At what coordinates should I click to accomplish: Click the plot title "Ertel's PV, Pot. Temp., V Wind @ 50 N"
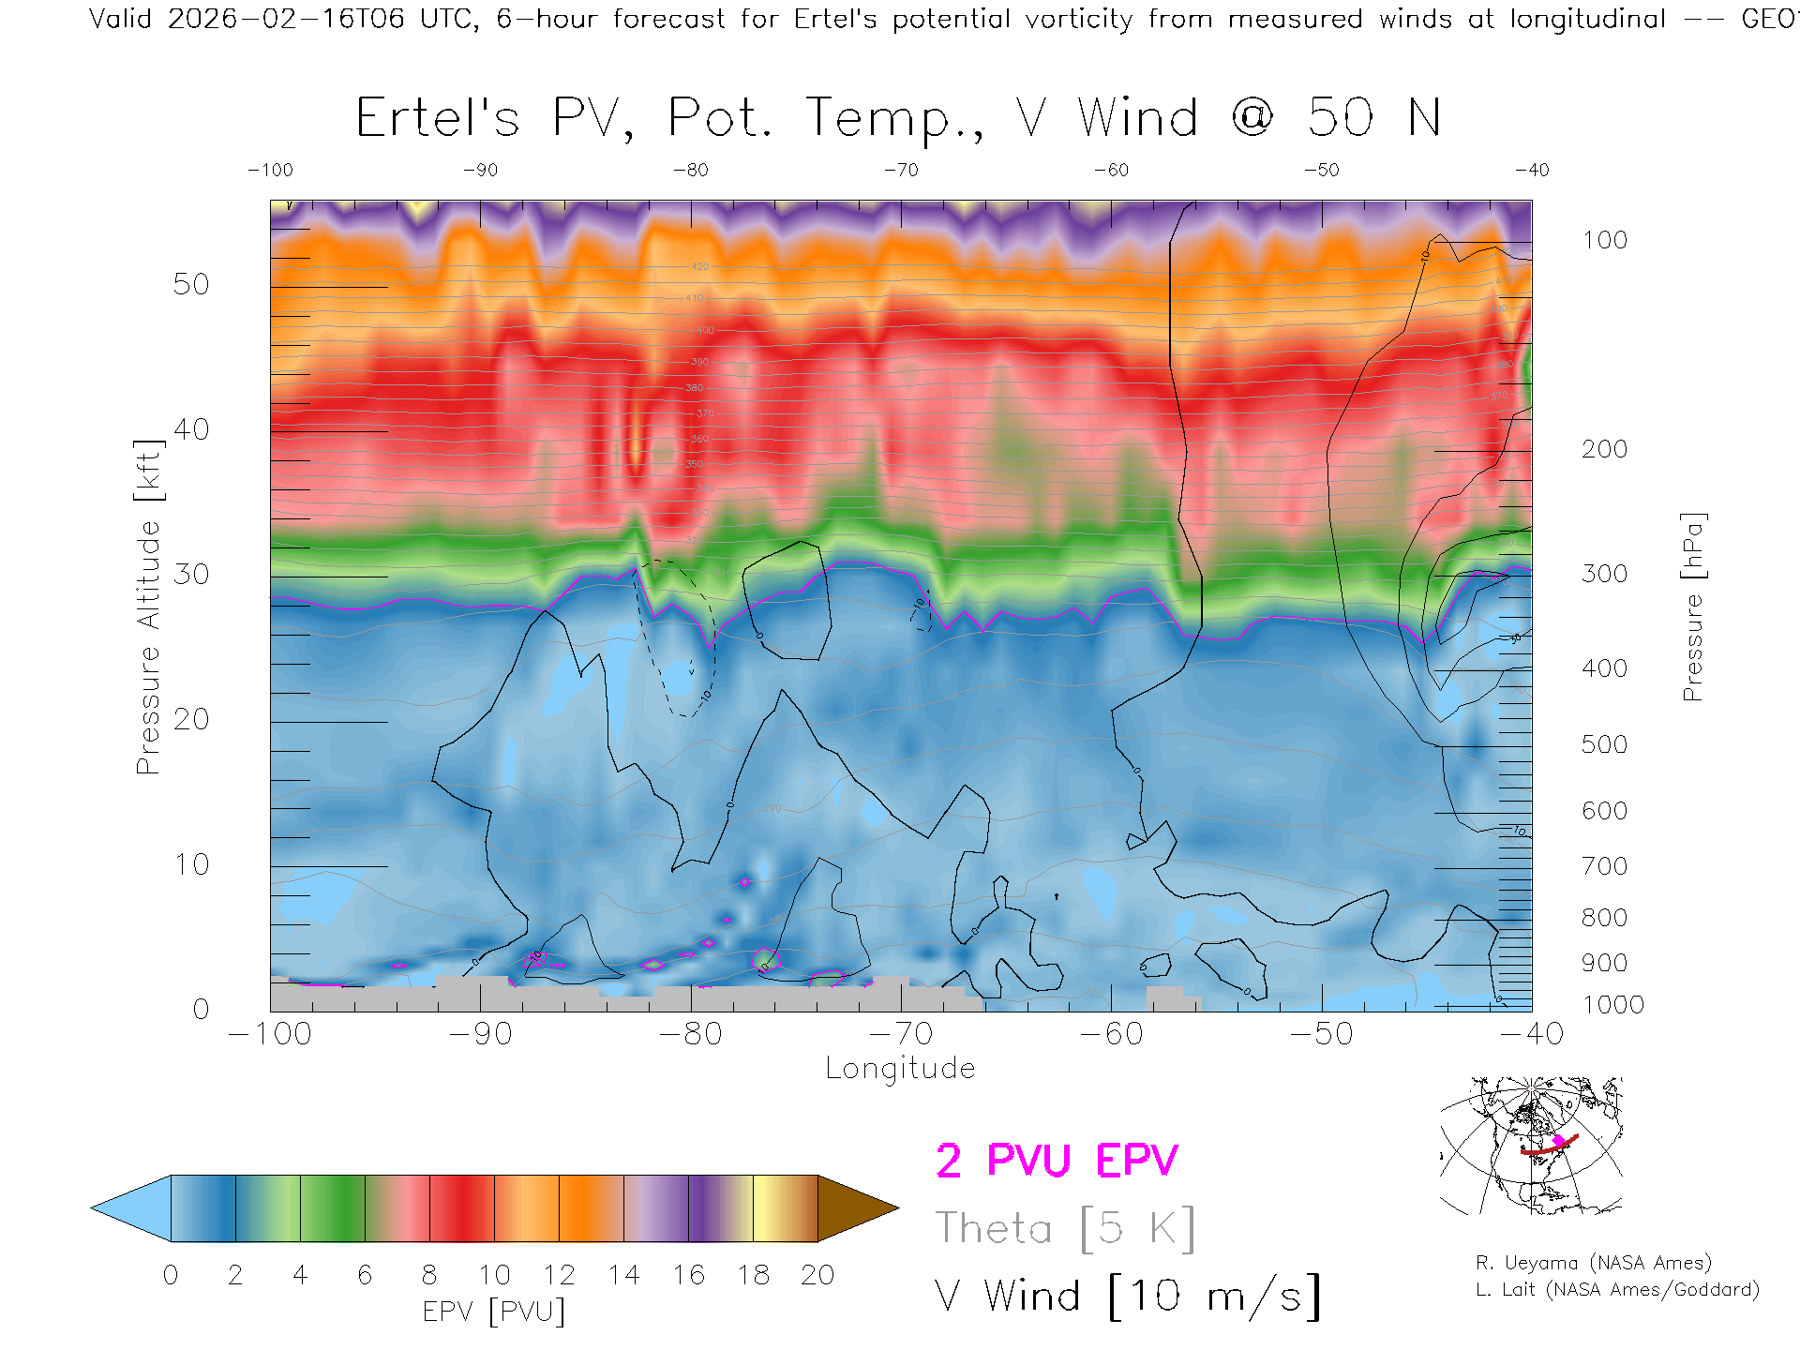tap(898, 119)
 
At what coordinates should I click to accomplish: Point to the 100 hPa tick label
tap(1605, 241)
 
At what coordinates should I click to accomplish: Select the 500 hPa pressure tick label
tap(1605, 745)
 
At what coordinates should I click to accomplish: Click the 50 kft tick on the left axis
tap(191, 285)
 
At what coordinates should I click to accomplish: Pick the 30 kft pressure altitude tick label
tap(191, 575)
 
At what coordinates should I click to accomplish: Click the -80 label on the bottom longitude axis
tap(690, 1034)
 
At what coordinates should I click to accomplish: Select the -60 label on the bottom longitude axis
tap(1111, 1034)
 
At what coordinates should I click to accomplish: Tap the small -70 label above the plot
tap(901, 171)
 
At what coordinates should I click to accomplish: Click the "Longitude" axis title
tap(900, 1069)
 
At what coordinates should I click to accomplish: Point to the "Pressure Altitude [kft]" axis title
tap(148, 607)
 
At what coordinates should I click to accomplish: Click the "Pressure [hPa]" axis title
tap(1692, 607)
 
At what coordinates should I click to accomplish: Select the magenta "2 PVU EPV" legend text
tap(1057, 1161)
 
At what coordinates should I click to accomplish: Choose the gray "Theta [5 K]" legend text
tap(1064, 1228)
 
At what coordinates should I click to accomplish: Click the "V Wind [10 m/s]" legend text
tap(1127, 1297)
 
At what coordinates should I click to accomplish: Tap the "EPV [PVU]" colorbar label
tap(494, 1312)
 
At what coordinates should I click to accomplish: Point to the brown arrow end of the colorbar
tap(855, 1208)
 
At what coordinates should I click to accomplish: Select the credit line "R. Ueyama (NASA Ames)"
tap(1594, 1263)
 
